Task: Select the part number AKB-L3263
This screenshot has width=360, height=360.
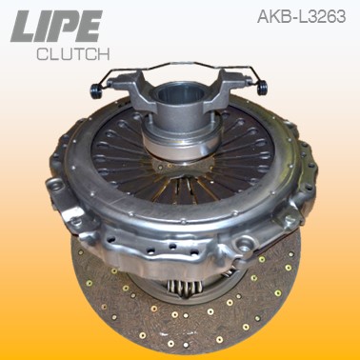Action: coord(300,16)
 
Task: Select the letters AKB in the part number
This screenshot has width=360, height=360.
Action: coord(272,16)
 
